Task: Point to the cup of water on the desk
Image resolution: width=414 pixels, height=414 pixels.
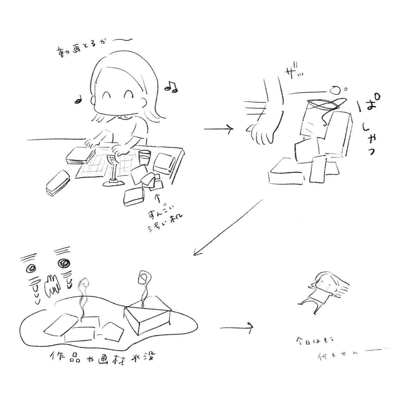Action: [145, 157]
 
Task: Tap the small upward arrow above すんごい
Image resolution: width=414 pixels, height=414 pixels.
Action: [159, 199]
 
